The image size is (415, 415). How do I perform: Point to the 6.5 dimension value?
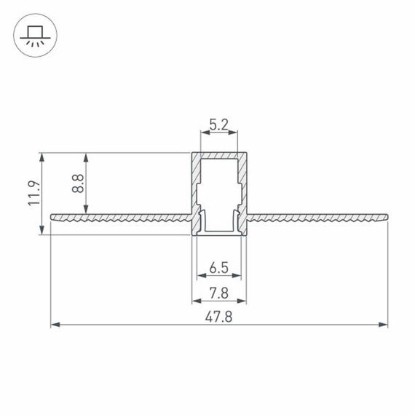click(x=219, y=267)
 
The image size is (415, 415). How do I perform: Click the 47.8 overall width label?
click(x=219, y=317)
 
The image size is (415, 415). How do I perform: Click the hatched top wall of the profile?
click(x=219, y=156)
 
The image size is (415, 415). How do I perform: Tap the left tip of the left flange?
click(x=52, y=217)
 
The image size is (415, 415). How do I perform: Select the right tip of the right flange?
click(x=387, y=217)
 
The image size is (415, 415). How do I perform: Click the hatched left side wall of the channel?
click(x=196, y=182)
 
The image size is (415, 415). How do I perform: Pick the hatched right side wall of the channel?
click(x=243, y=182)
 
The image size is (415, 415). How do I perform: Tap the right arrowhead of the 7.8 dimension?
click(x=243, y=299)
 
